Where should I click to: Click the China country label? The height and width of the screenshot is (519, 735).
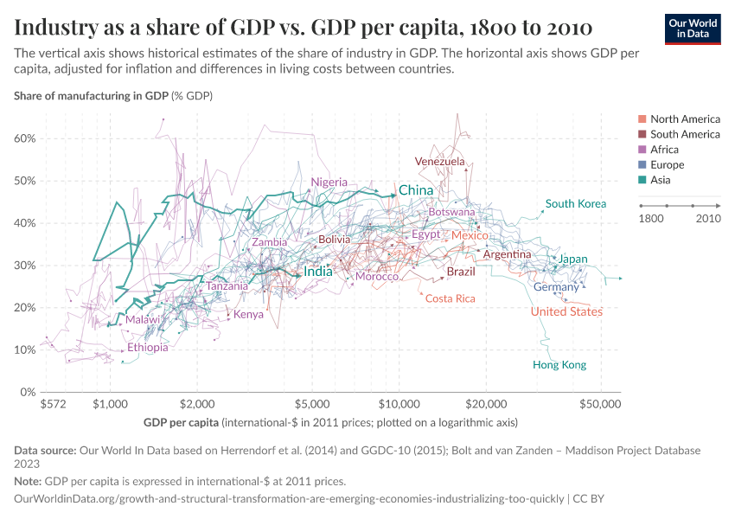point(416,190)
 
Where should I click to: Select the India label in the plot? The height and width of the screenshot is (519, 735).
point(318,272)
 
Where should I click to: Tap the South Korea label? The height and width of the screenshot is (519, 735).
point(575,204)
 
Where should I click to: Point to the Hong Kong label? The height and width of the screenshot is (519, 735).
point(559,365)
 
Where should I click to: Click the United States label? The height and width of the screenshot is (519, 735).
point(566,312)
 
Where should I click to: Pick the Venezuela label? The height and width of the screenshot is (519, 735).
point(439,162)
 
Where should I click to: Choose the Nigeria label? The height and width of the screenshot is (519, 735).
point(329,183)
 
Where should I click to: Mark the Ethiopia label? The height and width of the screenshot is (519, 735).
point(148,348)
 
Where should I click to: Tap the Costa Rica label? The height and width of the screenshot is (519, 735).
point(451,298)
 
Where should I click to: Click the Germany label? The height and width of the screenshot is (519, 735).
point(556,287)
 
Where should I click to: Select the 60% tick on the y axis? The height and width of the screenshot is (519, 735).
point(23,138)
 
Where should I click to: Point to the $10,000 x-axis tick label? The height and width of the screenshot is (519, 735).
point(399,404)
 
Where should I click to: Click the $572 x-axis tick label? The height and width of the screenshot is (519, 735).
point(54,404)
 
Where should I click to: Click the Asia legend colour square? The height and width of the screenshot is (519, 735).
point(642,181)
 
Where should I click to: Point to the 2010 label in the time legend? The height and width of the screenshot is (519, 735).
point(708,219)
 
